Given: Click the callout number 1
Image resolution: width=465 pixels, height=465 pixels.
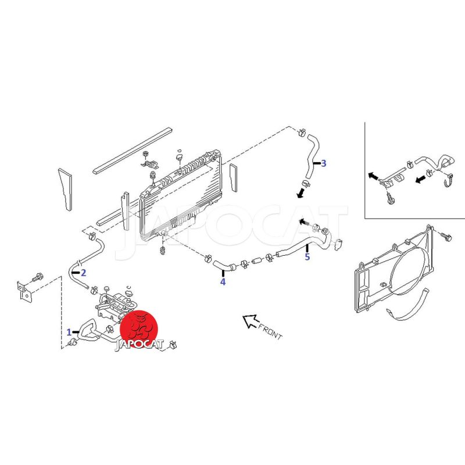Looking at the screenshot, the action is pos(69,332).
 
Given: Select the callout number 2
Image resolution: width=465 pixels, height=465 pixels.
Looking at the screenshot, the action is pos(83,273).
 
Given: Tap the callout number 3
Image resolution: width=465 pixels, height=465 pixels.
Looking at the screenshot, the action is pos(324,163).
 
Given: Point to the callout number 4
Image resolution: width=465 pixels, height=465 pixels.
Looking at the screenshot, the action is pos(223,282).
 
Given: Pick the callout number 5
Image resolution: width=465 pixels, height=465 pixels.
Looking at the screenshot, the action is pos(307,256).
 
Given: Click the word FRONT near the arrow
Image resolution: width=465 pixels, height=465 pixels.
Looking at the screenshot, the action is pos(270,331).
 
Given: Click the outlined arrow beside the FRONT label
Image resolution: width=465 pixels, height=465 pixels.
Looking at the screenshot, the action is pos(250,321).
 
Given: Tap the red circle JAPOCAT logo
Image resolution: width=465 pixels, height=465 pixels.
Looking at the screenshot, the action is pos(139,329).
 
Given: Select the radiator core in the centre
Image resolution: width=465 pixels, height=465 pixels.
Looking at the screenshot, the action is pos(181,196).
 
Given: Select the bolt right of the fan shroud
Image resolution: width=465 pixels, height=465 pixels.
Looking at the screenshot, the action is pos(446,237).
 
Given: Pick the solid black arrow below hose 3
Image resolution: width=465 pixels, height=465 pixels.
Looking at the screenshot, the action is pos(301,194).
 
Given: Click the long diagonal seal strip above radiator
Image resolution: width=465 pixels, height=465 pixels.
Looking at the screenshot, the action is pos(133,151).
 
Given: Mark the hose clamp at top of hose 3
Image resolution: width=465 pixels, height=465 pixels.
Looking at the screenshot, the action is pos(302,132).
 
